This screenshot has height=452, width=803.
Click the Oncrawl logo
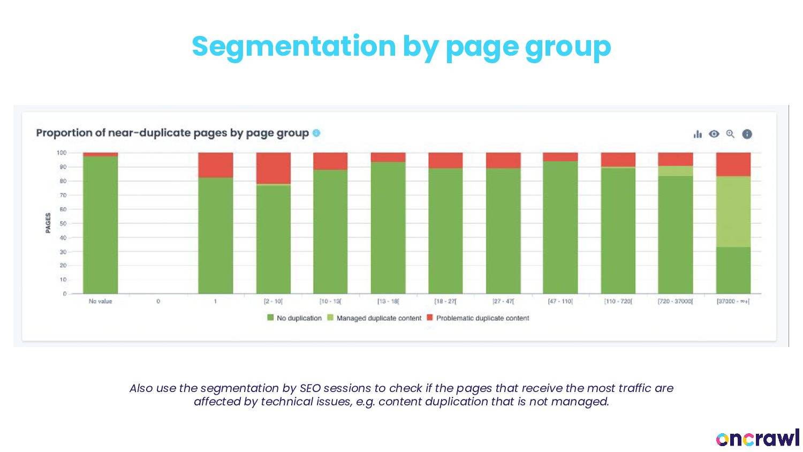(757, 438)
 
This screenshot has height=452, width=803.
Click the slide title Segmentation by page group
(401, 46)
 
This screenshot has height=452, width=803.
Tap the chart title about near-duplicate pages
(172, 133)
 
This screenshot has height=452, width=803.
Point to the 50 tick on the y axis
(63, 223)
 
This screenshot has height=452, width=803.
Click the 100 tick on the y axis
(62, 153)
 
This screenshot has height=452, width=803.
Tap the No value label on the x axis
(101, 302)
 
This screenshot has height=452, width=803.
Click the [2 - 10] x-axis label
(273, 302)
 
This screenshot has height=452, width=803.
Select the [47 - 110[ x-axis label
(560, 302)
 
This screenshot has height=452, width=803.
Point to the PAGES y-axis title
(48, 223)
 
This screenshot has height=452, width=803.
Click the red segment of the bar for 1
(216, 165)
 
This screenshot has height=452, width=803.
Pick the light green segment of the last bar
(733, 212)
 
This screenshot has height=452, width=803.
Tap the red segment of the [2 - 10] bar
(273, 168)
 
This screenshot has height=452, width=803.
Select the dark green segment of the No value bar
(101, 225)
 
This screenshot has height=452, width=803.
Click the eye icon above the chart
(714, 134)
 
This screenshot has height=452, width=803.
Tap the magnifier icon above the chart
(730, 134)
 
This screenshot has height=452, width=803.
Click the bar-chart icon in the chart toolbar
(698, 134)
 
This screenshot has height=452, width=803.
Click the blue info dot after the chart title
(316, 133)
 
